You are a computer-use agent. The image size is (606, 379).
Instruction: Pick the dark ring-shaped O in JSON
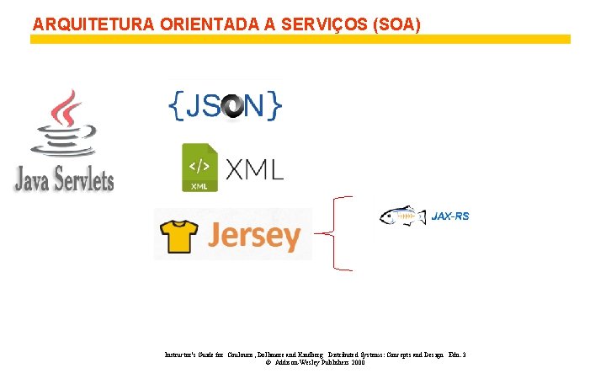(x=231, y=105)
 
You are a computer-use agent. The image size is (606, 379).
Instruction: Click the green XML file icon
(x=199, y=167)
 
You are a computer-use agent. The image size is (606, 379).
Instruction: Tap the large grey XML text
(x=253, y=168)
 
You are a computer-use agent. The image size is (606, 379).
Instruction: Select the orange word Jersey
(x=253, y=236)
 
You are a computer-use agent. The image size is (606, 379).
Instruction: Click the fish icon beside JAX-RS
(x=402, y=216)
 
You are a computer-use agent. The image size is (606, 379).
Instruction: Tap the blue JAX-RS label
(x=450, y=216)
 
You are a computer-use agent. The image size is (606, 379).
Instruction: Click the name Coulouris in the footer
(x=245, y=355)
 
